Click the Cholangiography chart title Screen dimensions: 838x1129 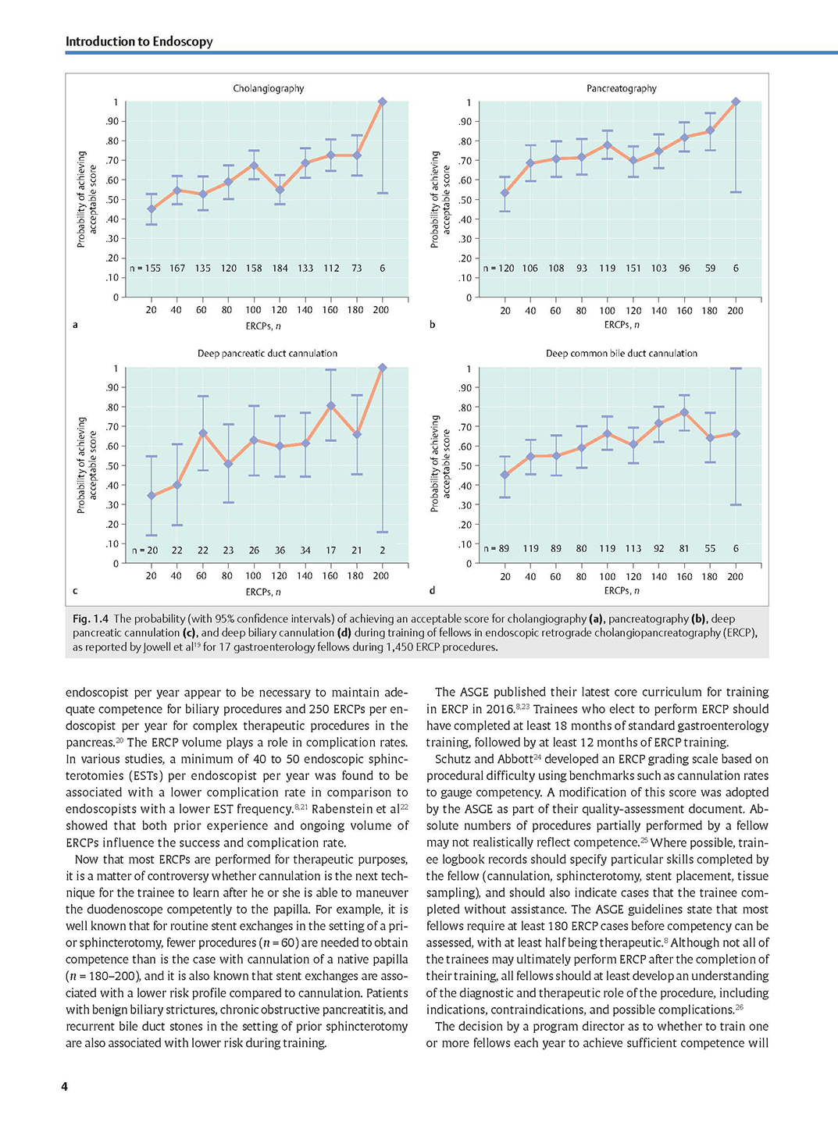tap(269, 88)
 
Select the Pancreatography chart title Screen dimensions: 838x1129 tap(621, 88)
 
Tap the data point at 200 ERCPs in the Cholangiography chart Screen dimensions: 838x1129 tap(383, 102)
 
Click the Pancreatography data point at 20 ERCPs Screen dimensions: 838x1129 tap(505, 193)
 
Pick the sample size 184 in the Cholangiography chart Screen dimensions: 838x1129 tap(280, 269)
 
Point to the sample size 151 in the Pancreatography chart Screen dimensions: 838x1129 tap(633, 269)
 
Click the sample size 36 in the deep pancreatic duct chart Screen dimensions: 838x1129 tap(280, 550)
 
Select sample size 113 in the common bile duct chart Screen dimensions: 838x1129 tap(633, 549)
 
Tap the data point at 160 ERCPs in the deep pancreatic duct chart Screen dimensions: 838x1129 tap(331, 406)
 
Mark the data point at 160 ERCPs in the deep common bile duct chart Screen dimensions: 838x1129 tap(684, 412)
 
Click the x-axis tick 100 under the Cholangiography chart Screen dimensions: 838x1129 tap(253, 310)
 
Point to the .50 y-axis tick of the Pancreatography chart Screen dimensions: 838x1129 tap(466, 200)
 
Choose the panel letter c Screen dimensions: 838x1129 tap(75, 591)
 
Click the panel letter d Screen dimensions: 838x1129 tap(432, 590)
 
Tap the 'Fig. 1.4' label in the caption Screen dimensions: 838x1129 tap(91, 619)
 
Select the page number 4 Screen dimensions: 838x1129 tap(64, 1087)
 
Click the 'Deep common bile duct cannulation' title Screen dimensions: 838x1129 tap(621, 353)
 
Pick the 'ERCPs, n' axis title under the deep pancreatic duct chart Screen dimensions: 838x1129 tap(263, 592)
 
